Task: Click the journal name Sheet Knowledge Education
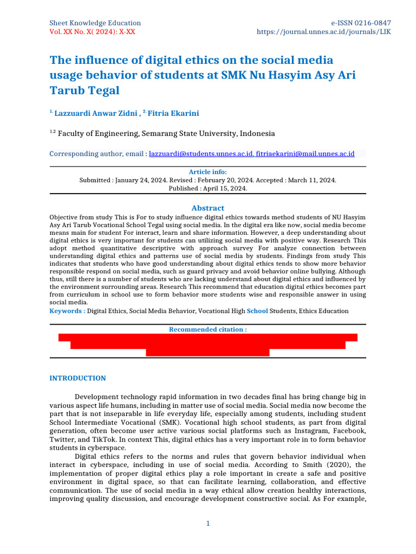coord(95,23)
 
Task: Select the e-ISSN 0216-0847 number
coord(361,23)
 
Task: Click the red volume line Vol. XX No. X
coord(92,32)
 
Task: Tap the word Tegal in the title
coord(102,90)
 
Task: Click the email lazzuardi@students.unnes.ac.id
coord(200,154)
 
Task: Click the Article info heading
coord(207,172)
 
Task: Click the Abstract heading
coord(207,208)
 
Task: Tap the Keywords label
coord(67,311)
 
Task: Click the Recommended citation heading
coord(207,329)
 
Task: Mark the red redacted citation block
coord(207,345)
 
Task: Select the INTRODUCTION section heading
coord(77,378)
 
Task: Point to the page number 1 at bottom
coord(207,524)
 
